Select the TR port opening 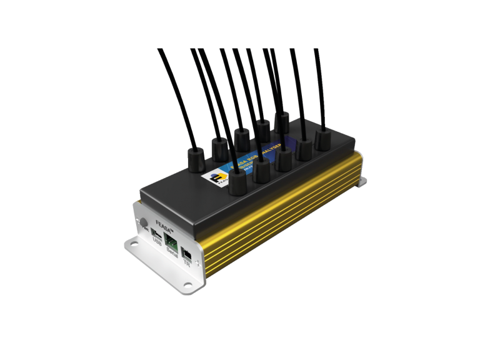(188, 254)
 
